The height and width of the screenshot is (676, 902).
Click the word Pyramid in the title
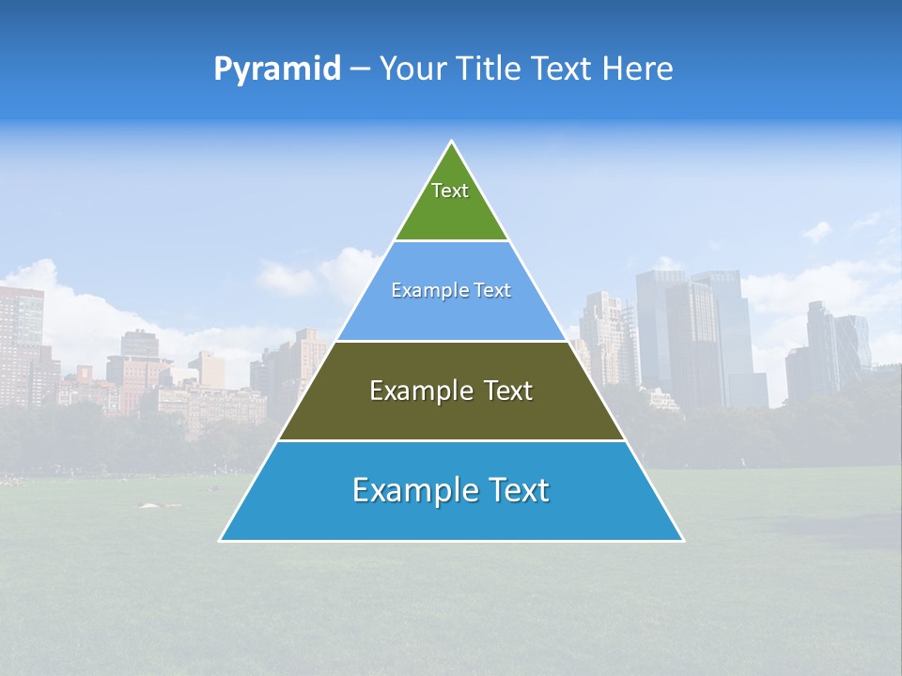click(x=277, y=69)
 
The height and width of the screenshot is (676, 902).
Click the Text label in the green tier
click(x=450, y=191)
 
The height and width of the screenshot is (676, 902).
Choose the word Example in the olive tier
click(x=415, y=391)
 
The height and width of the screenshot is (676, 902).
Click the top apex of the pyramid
click(x=452, y=142)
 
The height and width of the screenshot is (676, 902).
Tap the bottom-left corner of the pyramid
click(x=221, y=540)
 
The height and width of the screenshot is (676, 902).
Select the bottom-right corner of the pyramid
click(x=682, y=540)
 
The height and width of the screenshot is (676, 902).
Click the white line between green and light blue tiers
click(x=451, y=241)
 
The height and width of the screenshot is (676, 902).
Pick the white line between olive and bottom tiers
click(x=451, y=440)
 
